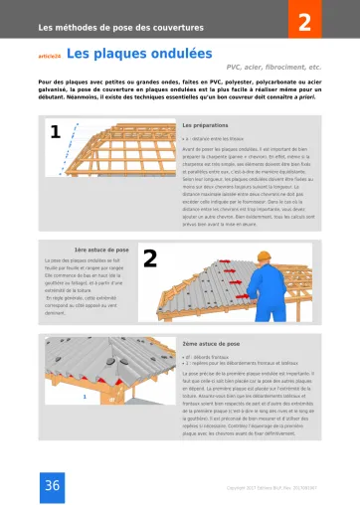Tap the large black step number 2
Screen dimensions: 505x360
pyautogui.click(x=151, y=232)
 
